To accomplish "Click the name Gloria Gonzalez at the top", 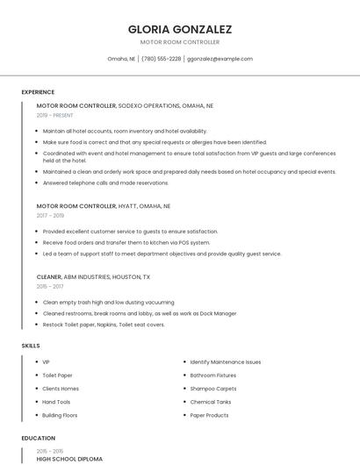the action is (x=180, y=29).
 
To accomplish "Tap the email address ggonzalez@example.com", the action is (x=220, y=59).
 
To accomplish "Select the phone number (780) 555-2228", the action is (x=161, y=59).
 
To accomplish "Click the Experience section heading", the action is (x=38, y=92).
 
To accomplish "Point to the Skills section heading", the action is (x=31, y=346).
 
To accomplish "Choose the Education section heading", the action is (x=39, y=438).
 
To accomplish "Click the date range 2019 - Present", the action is (x=54, y=115).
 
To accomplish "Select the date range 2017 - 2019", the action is (x=50, y=215).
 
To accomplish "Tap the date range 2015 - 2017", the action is (x=50, y=286).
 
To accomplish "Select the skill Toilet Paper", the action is (x=57, y=375).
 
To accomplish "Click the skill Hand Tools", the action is (x=56, y=402).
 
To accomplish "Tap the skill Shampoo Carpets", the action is (x=213, y=388).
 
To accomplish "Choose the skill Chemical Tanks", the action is (x=210, y=402).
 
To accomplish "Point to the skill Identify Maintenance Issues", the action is (x=225, y=361).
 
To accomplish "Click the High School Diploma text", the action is (x=69, y=459).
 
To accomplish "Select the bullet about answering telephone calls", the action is (x=105, y=183).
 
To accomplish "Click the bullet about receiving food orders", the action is (x=126, y=242).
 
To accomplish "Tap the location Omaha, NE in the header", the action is (x=121, y=59).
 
